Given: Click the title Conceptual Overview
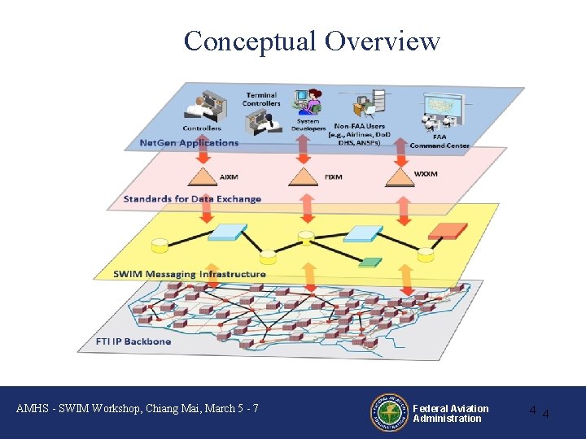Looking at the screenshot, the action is coord(312,40).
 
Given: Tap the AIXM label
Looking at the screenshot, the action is coord(230,176).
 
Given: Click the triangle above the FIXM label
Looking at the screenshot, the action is coord(304,175).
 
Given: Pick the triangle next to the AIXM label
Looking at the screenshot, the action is coord(200,176).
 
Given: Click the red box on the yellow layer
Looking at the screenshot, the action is coord(447,229).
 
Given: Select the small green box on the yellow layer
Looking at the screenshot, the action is coord(370,262).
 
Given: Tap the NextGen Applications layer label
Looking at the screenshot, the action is coord(189,143).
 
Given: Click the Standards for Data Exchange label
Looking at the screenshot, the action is coord(192,199).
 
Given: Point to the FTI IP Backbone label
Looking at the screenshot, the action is coord(133,341).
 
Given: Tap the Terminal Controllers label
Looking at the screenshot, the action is coord(261,99).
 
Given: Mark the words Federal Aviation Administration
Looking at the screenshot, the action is coord(450,414).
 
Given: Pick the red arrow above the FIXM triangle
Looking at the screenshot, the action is coord(304,151).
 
